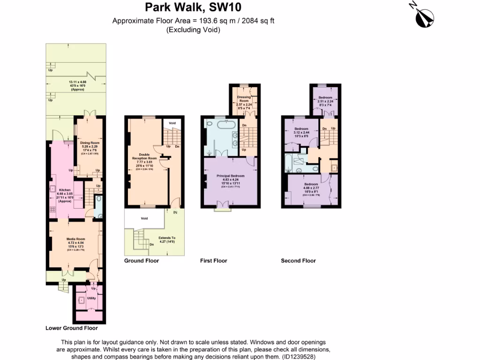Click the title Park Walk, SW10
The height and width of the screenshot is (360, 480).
(193, 7)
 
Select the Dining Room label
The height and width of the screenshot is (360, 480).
(90, 142)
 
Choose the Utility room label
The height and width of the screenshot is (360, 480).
(91, 298)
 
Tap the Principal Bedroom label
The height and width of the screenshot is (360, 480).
(230, 176)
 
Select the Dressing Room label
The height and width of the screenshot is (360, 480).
(243, 99)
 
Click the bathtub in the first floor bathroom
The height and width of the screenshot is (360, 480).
(224, 126)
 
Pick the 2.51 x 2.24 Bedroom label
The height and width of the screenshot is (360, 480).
(325, 97)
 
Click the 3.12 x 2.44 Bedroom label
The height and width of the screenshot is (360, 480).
(301, 129)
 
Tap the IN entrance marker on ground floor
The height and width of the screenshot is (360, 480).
(176, 212)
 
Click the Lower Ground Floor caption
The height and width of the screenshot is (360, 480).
(75, 328)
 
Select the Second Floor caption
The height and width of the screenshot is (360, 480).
(298, 261)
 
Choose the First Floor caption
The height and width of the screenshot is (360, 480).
(213, 261)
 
